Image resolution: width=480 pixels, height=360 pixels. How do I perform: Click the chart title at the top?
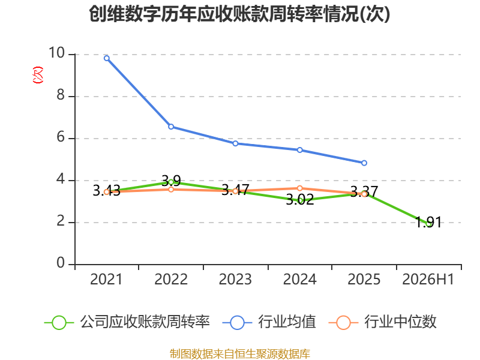(x=239, y=14)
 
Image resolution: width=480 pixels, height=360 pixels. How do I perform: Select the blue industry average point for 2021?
(x=107, y=58)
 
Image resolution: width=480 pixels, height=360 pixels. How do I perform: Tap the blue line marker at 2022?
(x=171, y=127)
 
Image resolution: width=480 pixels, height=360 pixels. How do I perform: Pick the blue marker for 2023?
(x=235, y=143)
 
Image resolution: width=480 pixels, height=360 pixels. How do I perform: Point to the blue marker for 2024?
(x=299, y=150)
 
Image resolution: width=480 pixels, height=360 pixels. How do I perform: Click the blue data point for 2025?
(x=364, y=163)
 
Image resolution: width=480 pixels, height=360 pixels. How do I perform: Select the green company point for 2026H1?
(x=428, y=224)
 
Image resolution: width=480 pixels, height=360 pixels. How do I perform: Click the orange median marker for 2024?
(x=299, y=188)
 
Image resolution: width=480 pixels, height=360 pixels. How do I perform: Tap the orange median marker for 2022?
(x=171, y=190)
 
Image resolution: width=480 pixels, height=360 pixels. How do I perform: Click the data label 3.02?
(x=300, y=200)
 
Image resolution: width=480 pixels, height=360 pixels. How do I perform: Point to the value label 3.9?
(x=171, y=181)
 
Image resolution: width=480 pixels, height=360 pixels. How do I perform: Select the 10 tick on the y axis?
(x=56, y=53)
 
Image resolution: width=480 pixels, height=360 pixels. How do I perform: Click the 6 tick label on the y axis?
(x=61, y=137)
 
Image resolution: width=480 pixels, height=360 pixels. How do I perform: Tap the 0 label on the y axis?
(x=61, y=263)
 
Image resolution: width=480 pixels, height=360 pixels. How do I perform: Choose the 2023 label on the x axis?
(x=235, y=279)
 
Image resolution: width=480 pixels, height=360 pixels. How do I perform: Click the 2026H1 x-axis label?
(x=428, y=279)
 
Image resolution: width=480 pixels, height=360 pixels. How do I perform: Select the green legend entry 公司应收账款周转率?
(x=127, y=322)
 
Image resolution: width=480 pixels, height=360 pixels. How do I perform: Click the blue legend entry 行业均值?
(x=269, y=322)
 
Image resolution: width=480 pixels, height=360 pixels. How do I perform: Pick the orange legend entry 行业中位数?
(x=382, y=322)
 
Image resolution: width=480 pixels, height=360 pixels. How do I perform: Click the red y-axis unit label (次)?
(x=38, y=75)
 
